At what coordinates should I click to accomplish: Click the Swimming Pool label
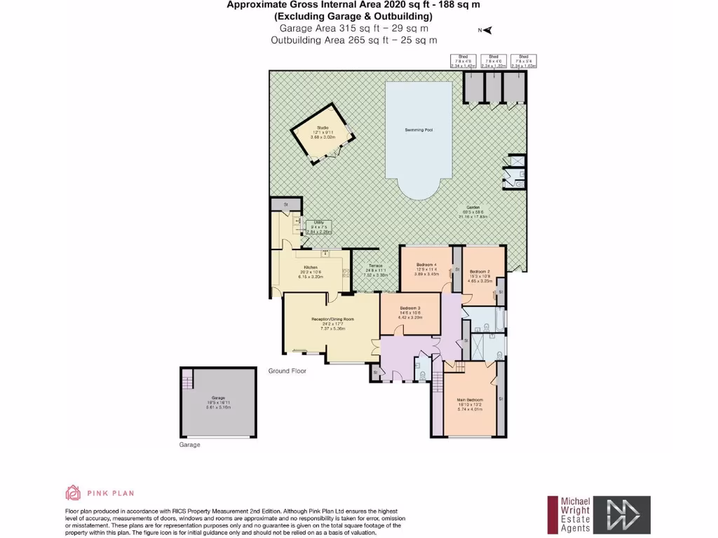point(418,130)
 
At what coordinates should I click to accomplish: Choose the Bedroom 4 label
point(426,265)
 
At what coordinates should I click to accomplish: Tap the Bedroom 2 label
point(479,271)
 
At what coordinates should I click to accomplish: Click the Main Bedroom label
point(470,399)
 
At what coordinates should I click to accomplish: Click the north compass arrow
point(487,30)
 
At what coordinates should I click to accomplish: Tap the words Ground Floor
point(287,371)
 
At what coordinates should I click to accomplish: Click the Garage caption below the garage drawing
point(190,445)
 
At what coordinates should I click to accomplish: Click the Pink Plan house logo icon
point(74,492)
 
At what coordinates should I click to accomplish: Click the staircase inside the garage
point(187,382)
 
